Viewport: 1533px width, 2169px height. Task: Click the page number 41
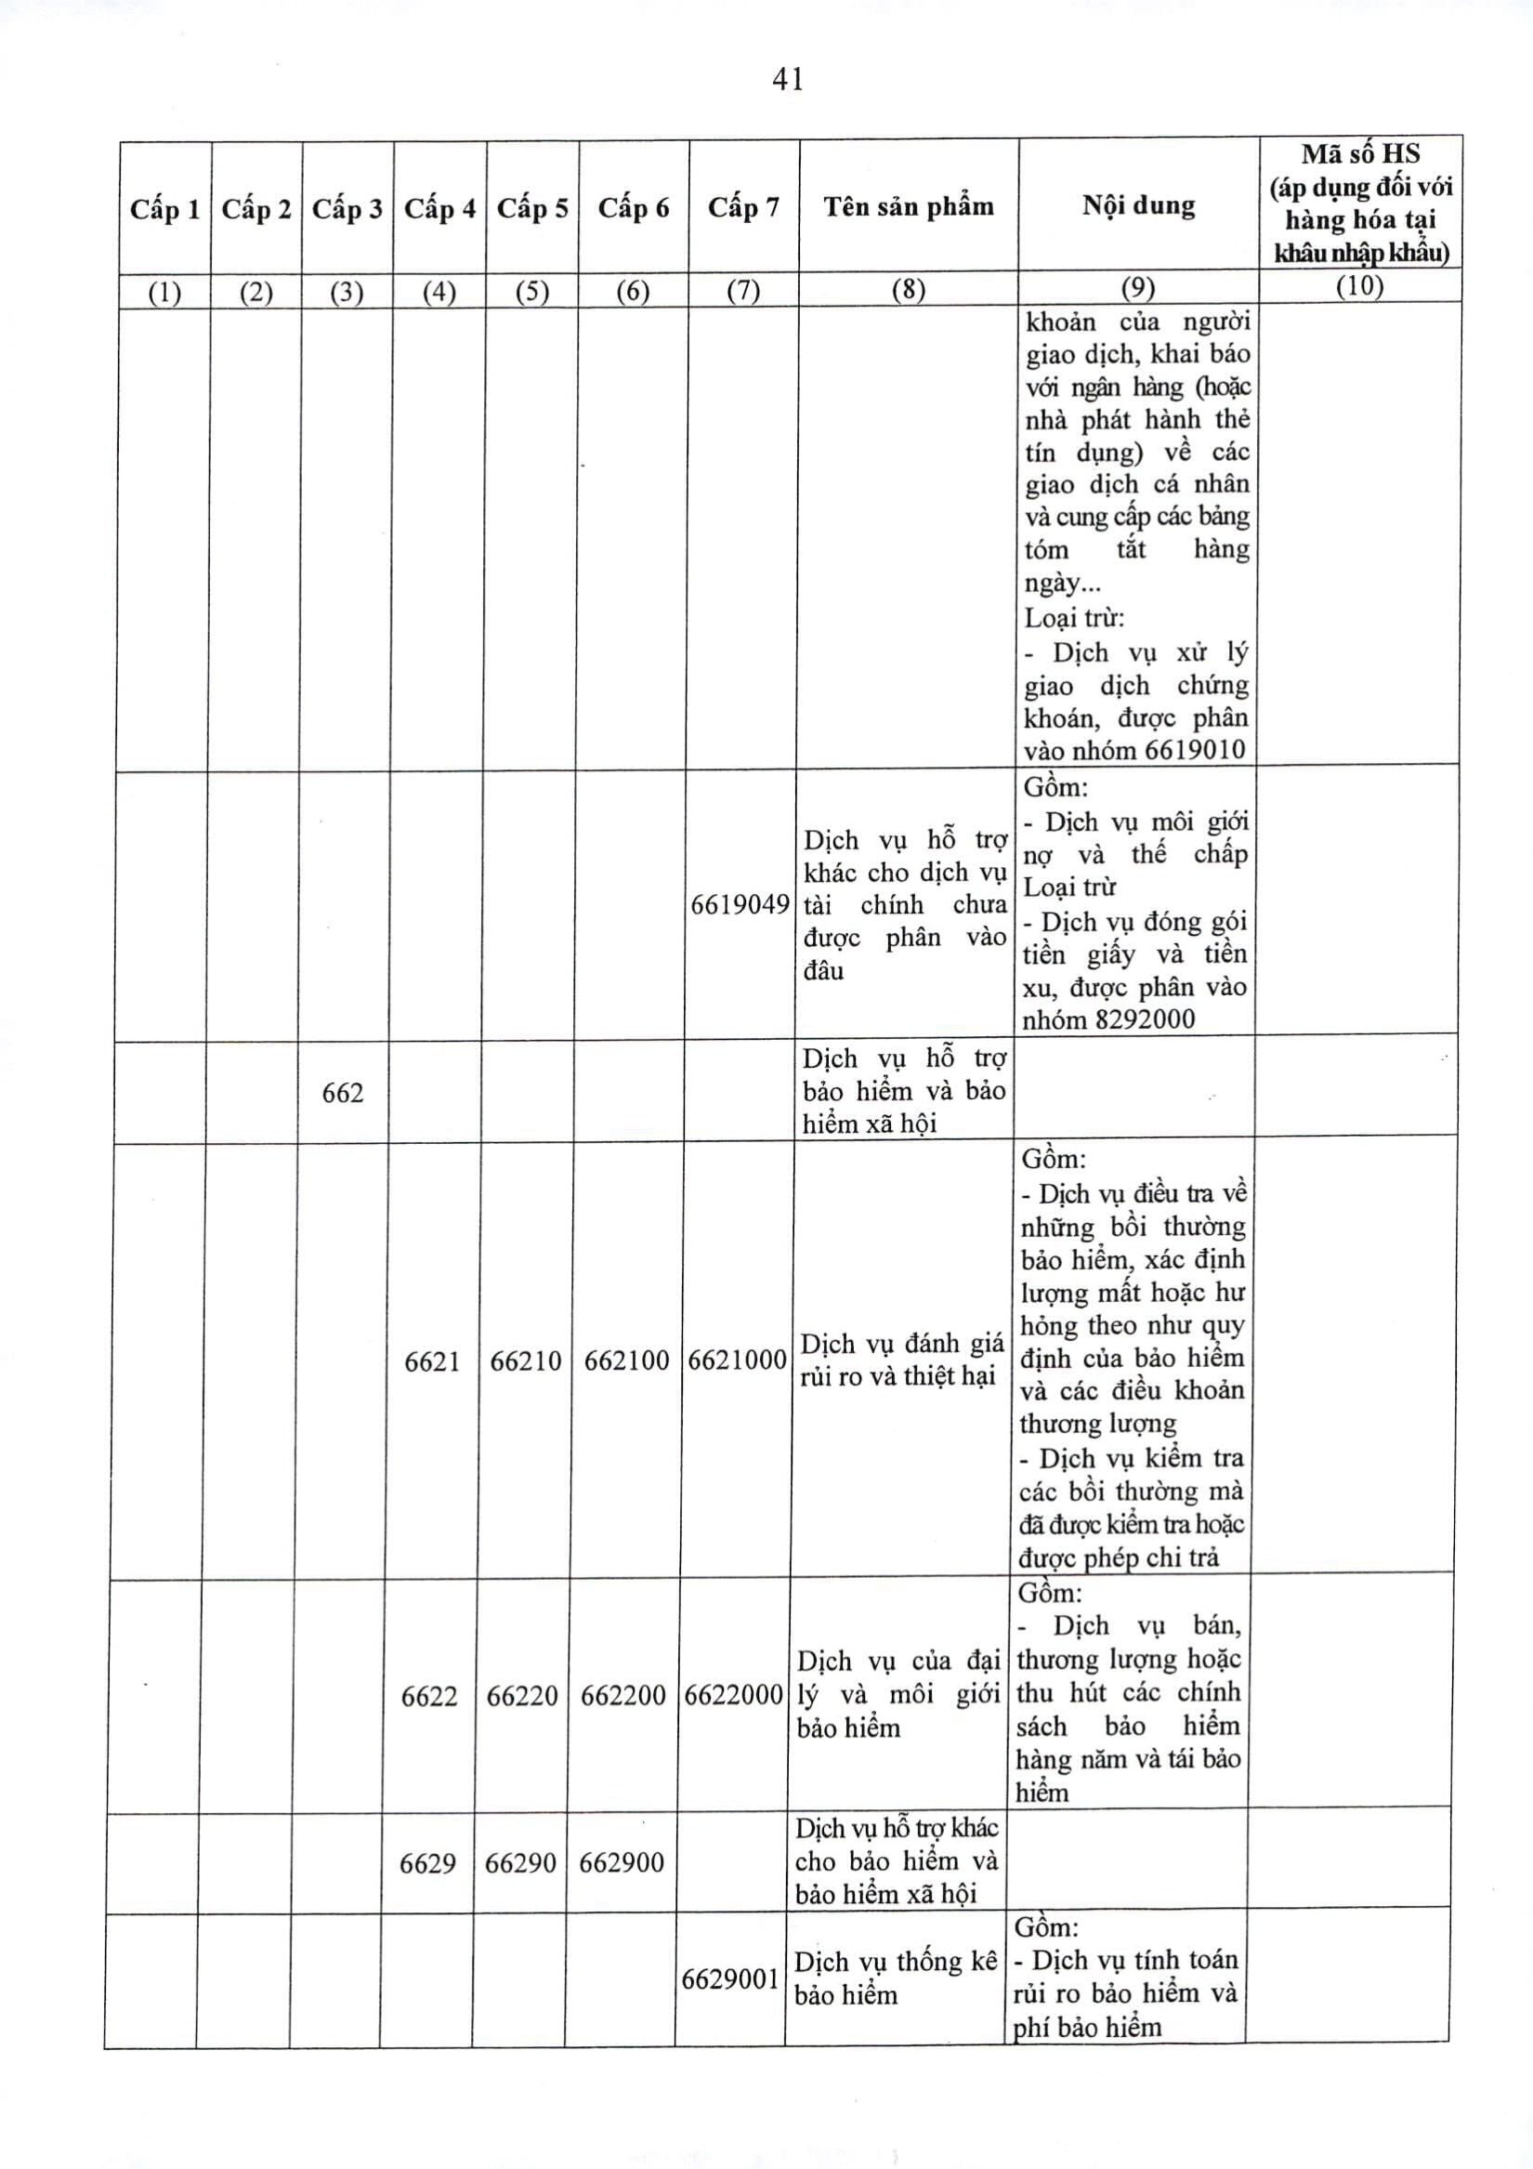[788, 80]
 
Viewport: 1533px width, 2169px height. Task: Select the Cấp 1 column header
[165, 209]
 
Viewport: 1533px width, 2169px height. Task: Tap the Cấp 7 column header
[743, 207]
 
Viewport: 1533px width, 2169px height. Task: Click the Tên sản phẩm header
[909, 206]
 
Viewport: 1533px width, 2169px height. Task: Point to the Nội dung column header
[1138, 205]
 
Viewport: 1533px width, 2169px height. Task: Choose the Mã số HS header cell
[1360, 203]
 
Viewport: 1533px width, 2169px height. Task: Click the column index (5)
[531, 291]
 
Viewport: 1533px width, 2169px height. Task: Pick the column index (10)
[1359, 286]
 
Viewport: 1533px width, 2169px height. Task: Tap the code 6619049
[740, 905]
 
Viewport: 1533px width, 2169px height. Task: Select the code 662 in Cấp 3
[342, 1093]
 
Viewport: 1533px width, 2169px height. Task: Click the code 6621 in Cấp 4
[432, 1361]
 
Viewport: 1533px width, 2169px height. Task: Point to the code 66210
[525, 1361]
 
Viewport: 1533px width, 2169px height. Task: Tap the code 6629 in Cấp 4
[427, 1863]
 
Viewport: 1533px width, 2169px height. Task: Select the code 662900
[621, 1862]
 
